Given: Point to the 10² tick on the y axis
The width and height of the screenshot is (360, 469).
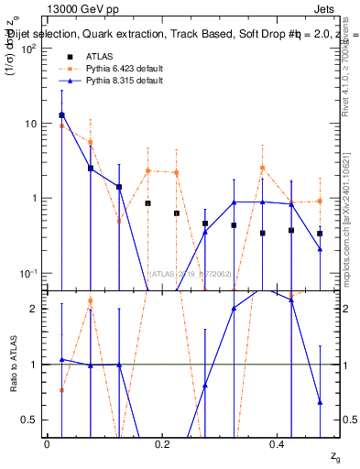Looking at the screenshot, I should click(x=28, y=49).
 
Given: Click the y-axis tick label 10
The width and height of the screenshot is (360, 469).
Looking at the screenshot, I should click(x=30, y=124).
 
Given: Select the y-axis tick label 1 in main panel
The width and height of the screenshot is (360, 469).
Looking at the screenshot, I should click(x=35, y=199).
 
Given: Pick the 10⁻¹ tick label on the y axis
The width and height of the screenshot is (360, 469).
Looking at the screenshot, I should click(x=28, y=273).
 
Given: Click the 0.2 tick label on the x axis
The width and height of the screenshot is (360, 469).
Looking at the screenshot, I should click(x=162, y=443).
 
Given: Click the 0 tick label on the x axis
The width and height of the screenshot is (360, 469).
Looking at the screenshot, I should click(x=47, y=443).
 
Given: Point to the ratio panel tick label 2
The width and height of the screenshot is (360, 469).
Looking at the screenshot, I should click(x=35, y=310).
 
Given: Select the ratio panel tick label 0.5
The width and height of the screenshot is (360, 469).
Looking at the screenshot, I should click(x=30, y=420).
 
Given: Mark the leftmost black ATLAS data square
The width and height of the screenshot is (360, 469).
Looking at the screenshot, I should click(x=61, y=115).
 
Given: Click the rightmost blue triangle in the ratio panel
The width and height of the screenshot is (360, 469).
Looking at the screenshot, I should click(x=320, y=401).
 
